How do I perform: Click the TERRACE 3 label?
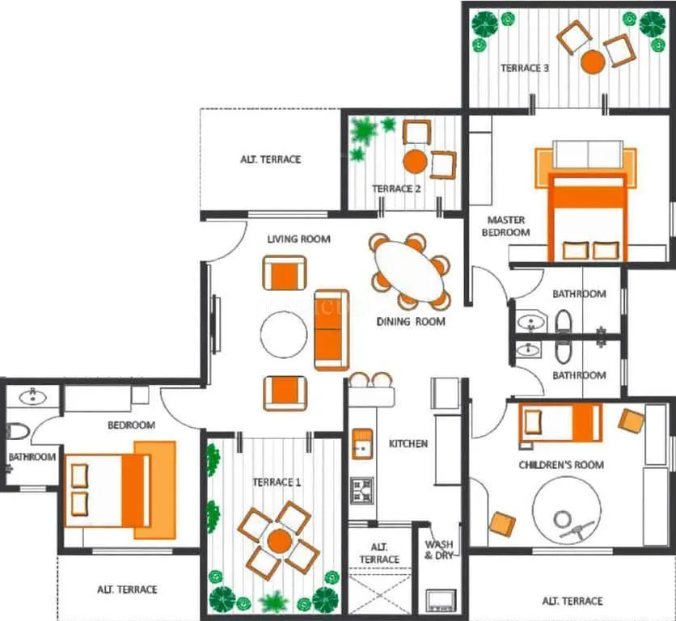point(525,69)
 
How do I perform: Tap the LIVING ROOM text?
point(299,239)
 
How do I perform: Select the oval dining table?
point(411,272)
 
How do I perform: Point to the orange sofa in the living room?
point(332,329)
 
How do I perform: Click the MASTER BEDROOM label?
point(505,226)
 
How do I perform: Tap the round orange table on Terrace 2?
point(415,161)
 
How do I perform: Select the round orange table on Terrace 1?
point(280,540)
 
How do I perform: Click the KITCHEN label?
point(408,444)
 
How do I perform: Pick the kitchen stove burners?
point(361,488)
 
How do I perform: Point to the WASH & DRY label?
point(439,550)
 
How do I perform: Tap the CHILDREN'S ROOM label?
point(561,465)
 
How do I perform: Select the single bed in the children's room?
point(560,422)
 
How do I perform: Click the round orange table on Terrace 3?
point(593,61)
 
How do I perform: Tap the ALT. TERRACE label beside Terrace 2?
point(270,159)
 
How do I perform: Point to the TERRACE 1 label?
point(277,483)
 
